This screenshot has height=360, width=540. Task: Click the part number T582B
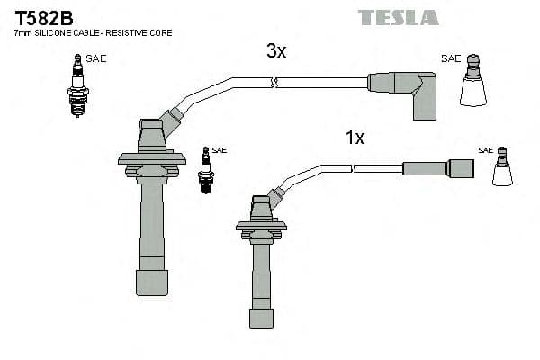[x=41, y=17]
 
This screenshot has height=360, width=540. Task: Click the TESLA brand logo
[x=398, y=17]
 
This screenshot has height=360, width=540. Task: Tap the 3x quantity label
[x=276, y=51]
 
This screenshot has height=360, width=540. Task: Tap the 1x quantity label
[x=355, y=138]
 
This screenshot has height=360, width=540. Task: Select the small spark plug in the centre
[x=205, y=168]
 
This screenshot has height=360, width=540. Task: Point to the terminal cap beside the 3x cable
[x=473, y=82]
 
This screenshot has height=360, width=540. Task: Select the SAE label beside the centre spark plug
[x=220, y=150]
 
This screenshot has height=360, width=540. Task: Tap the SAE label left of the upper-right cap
[x=451, y=58]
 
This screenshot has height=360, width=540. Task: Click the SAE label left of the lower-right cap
[x=486, y=150]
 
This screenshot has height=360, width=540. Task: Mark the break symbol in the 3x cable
[x=275, y=83]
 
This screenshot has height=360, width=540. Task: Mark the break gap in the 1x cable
[x=352, y=167]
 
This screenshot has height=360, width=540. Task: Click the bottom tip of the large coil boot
[x=151, y=283]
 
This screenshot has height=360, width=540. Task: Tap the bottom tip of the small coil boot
[x=261, y=317]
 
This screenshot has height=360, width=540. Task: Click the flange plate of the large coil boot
[x=151, y=158]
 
